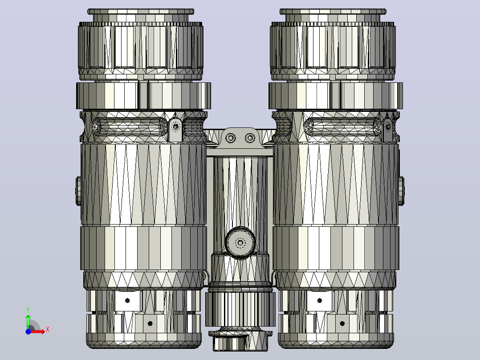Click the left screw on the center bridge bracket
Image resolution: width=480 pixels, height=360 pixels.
point(231,138)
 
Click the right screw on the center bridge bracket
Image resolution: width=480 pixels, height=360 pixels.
point(250,138)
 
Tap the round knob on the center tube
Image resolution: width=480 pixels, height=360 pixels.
point(240,243)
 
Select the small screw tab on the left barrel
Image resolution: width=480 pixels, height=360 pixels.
point(176,128)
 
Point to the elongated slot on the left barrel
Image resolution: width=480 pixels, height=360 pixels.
point(130,126)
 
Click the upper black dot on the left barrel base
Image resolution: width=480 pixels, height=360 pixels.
point(127,301)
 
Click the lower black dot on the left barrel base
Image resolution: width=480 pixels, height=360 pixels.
point(150,323)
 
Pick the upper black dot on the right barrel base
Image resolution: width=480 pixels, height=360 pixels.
point(320,301)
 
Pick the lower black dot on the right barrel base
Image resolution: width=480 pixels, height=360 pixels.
point(342,323)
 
